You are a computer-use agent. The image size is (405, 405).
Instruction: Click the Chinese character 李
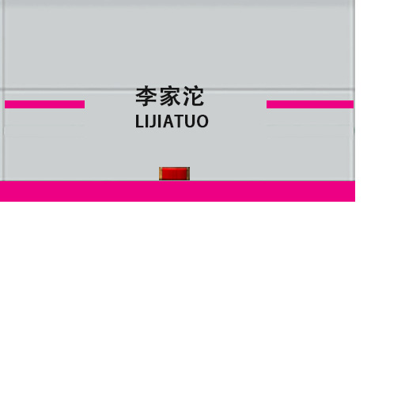pyautogui.click(x=146, y=97)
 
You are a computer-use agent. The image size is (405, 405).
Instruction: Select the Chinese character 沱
pyautogui.click(x=193, y=97)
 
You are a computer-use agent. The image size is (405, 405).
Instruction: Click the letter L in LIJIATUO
pyautogui.click(x=139, y=121)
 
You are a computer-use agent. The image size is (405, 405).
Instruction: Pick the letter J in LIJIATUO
pyautogui.click(x=152, y=122)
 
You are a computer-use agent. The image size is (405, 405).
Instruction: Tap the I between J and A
pyautogui.click(x=159, y=121)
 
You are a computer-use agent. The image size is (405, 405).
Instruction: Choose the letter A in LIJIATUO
pyautogui.click(x=167, y=121)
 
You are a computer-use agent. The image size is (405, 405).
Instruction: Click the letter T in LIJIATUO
pyautogui.click(x=178, y=121)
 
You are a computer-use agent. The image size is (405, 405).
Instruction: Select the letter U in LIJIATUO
pyautogui.click(x=189, y=121)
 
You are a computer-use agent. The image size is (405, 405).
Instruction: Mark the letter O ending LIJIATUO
pyautogui.click(x=202, y=121)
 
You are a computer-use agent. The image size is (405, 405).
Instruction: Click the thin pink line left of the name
pyautogui.click(x=44, y=104)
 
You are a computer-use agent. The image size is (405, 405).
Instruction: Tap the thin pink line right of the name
pyautogui.click(x=310, y=104)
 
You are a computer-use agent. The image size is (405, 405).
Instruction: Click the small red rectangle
pyautogui.click(x=174, y=174)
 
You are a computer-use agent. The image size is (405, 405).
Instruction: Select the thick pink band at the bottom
pyautogui.click(x=177, y=191)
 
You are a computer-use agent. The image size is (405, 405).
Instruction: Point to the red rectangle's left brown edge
pyautogui.click(x=161, y=174)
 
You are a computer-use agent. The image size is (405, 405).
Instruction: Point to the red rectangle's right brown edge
pyautogui.click(x=188, y=174)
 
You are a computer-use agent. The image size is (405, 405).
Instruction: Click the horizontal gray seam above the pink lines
pyautogui.click(x=177, y=89)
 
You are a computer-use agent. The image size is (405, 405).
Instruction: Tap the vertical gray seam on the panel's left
pyautogui.click(x=3, y=90)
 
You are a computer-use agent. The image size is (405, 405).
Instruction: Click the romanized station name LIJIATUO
pyautogui.click(x=172, y=121)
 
